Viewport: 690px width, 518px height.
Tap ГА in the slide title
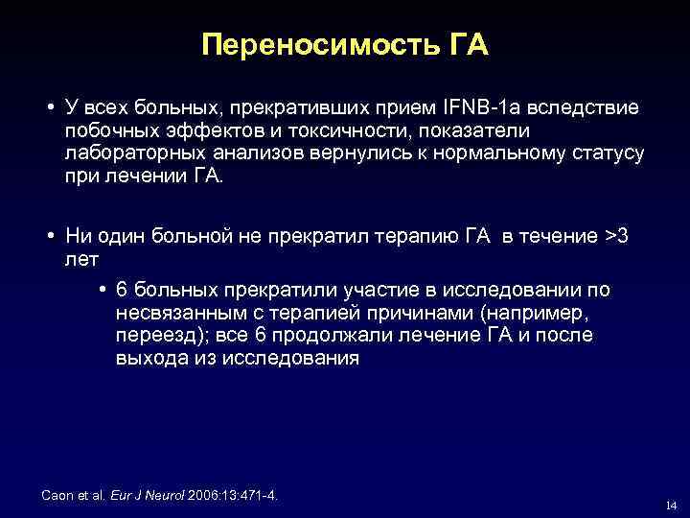466,45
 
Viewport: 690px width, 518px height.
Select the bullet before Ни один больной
48,236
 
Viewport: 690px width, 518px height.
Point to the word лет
83,259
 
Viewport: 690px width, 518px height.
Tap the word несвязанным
181,313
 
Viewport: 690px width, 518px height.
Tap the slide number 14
670,506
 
